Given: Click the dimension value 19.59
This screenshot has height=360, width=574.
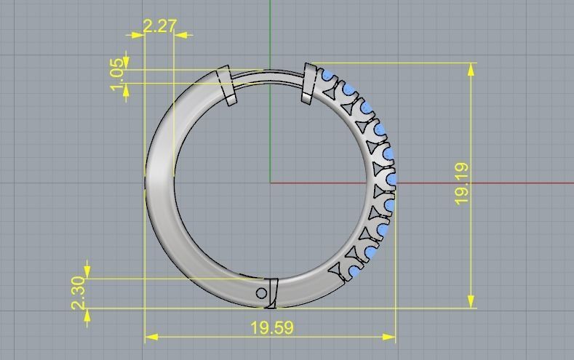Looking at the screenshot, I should (272, 328).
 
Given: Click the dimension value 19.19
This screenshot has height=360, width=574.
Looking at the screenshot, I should (461, 183).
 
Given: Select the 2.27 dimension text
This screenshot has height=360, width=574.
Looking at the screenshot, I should (159, 26).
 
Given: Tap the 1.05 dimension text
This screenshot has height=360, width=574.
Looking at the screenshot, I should (117, 75).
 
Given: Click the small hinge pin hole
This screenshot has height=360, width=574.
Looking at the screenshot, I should (262, 293).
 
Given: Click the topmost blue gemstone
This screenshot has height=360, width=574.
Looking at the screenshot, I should (328, 75).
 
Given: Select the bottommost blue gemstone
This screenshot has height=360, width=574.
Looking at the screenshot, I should (354, 271).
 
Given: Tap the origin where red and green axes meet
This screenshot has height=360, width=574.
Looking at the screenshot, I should (270, 182).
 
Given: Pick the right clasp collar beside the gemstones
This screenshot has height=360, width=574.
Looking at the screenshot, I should (309, 82).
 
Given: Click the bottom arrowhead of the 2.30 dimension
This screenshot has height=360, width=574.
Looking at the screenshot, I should (87, 313).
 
